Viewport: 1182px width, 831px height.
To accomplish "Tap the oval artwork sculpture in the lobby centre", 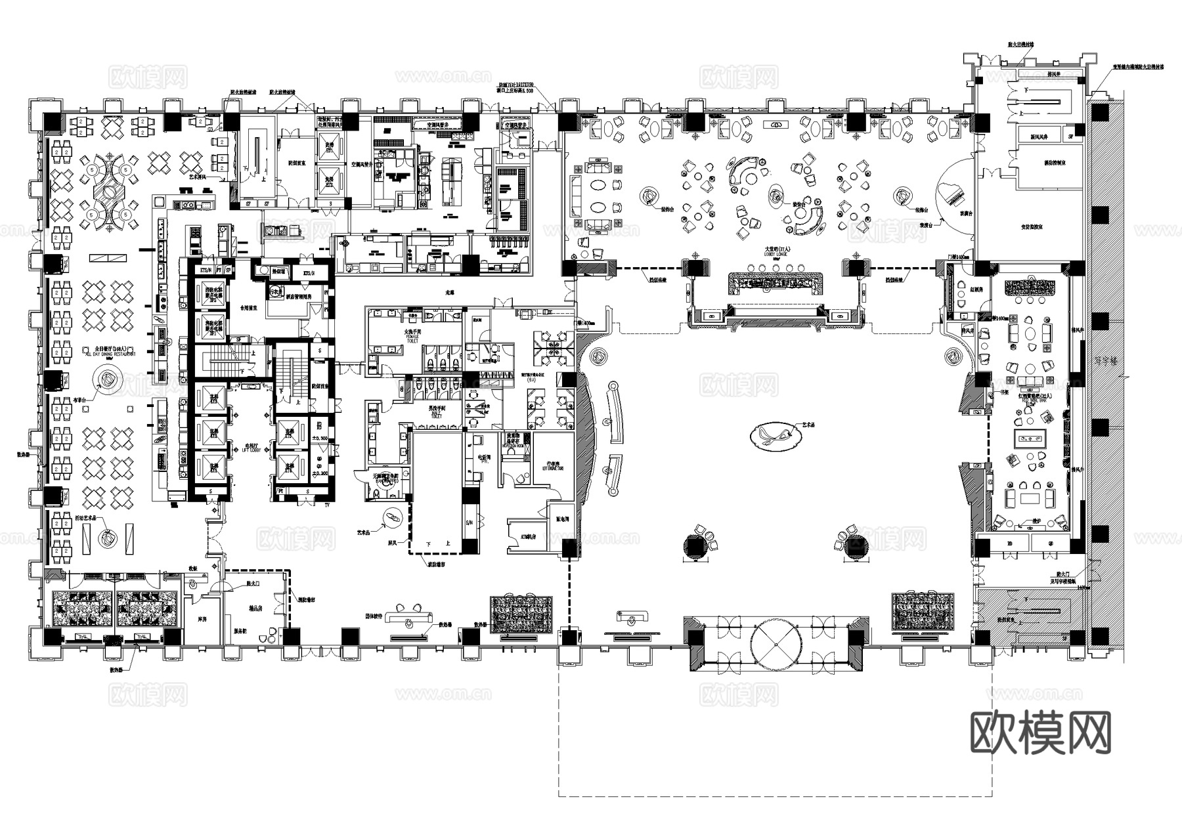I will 775,435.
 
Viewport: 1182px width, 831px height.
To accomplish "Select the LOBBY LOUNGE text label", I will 776,252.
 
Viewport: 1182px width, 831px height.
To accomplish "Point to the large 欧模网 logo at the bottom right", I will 1040,733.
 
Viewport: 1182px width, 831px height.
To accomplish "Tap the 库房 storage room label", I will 202,619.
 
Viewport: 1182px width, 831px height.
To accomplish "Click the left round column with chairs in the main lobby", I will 695,545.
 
